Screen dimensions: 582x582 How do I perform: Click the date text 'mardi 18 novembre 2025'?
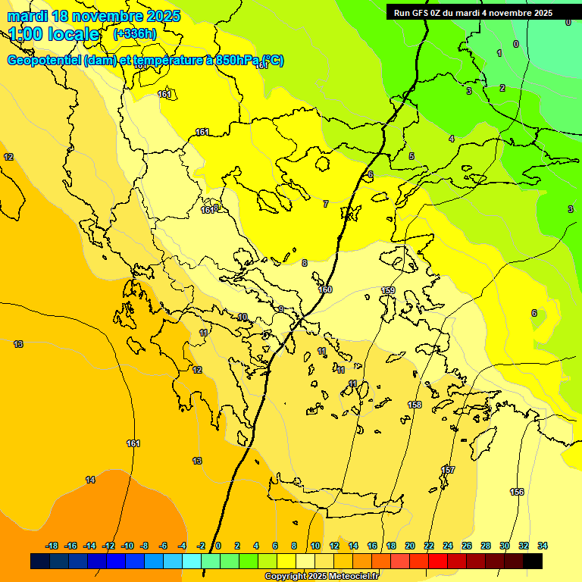94,16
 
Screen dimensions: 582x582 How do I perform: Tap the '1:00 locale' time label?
55,34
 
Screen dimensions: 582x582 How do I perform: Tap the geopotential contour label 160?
325,290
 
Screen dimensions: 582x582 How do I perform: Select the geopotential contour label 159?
388,291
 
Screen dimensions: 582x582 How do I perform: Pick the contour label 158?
415,405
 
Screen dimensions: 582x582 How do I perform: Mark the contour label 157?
448,471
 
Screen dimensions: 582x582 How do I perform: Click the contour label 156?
517,493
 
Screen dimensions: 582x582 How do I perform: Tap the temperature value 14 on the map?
90,480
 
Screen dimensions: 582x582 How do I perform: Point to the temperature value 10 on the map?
242,318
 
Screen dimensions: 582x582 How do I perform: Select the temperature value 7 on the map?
326,205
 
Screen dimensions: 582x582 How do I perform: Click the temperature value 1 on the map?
499,53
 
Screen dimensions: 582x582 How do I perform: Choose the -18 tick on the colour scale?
52,546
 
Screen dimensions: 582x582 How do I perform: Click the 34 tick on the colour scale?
542,546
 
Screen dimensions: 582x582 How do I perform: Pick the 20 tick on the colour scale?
410,546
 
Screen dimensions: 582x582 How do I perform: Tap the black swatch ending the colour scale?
533,562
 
